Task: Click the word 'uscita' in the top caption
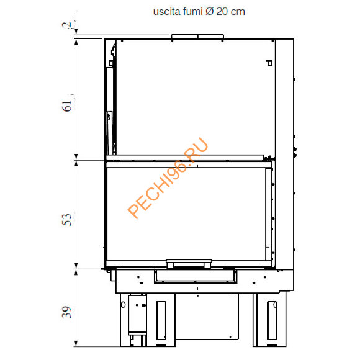(x=165, y=12)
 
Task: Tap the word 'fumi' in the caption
(x=190, y=12)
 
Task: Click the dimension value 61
(x=68, y=102)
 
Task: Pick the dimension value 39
(x=68, y=312)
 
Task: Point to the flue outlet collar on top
(x=197, y=38)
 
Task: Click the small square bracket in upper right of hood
(x=268, y=62)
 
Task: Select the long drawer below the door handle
(x=194, y=275)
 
